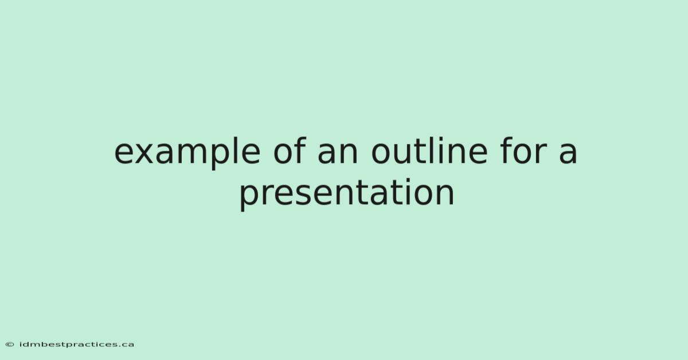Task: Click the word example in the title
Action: (187, 152)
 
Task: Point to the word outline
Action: (429, 150)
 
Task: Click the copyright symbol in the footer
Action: (10, 345)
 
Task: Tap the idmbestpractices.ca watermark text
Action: (76, 345)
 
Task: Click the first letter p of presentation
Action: (251, 198)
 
